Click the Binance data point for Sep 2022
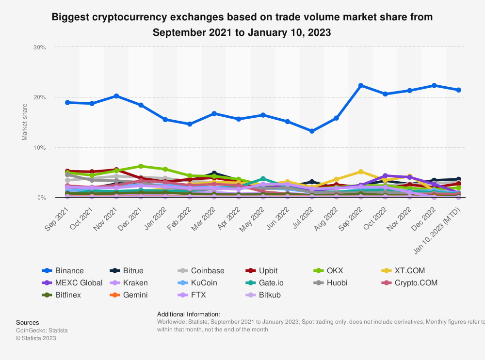(x=361, y=85)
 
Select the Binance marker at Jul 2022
(x=312, y=131)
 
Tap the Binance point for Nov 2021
(x=116, y=96)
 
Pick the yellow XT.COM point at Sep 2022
(x=361, y=172)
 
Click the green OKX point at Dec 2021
(x=141, y=166)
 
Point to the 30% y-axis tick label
(x=39, y=47)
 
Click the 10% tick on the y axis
(x=39, y=148)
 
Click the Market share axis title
(x=25, y=121)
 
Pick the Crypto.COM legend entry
(x=416, y=283)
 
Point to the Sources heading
(x=28, y=322)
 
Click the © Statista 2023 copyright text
(x=36, y=338)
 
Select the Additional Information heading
(x=189, y=314)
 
